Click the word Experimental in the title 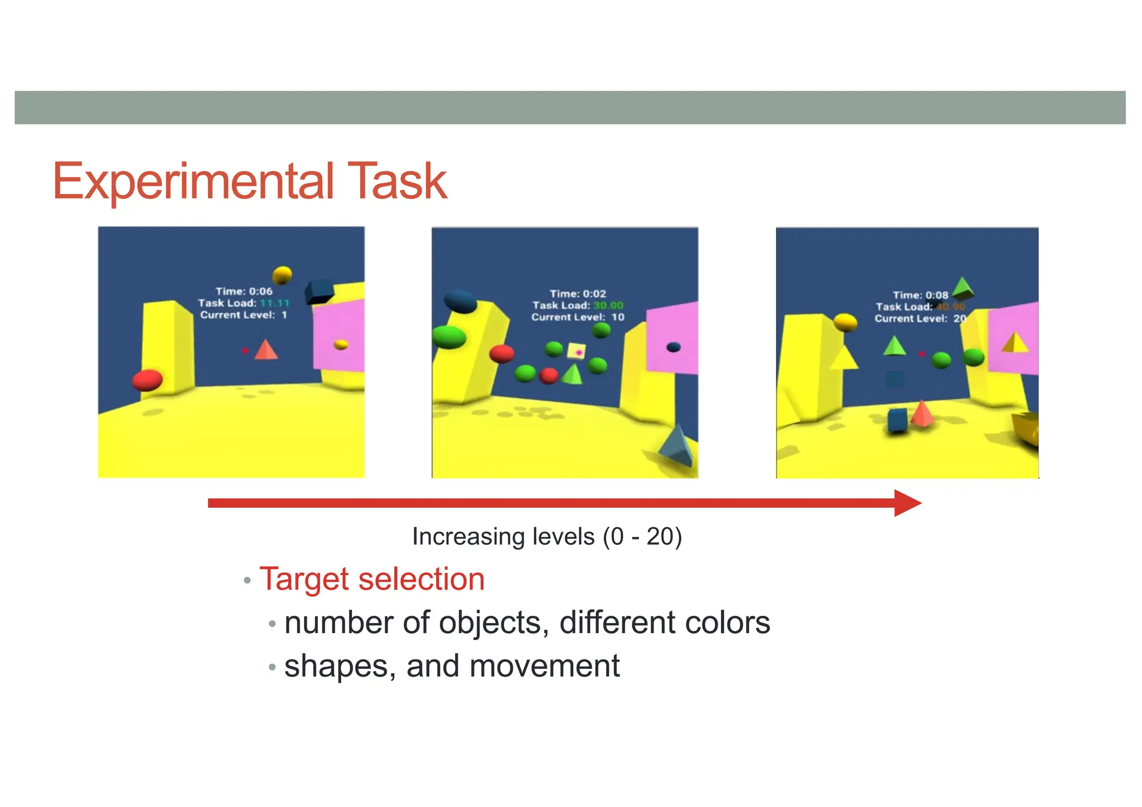[193, 181]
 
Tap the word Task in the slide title [396, 181]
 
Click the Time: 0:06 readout [244, 291]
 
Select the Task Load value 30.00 [608, 305]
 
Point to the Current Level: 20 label [920, 319]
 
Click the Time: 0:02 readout [578, 294]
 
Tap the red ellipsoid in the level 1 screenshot [147, 380]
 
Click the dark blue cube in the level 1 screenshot [319, 291]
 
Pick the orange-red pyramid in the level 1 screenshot [266, 350]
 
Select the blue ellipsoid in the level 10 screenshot [461, 301]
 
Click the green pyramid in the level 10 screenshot [572, 374]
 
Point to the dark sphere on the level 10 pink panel [674, 347]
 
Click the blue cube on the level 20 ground [897, 420]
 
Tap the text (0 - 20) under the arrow [642, 537]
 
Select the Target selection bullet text [372, 579]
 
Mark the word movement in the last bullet [540, 666]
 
